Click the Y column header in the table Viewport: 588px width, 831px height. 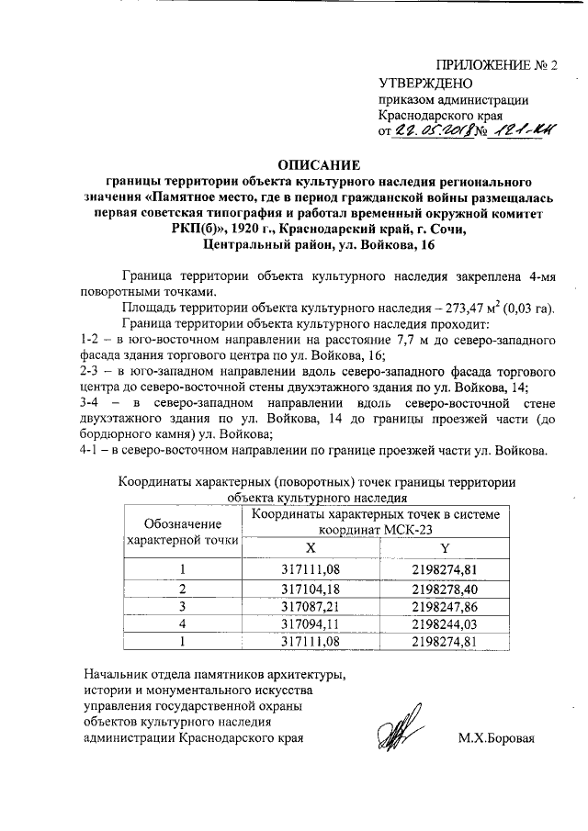[444, 547]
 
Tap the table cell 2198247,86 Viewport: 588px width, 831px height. [444, 606]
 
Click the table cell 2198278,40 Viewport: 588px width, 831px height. [444, 588]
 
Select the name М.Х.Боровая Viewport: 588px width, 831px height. [495, 738]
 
